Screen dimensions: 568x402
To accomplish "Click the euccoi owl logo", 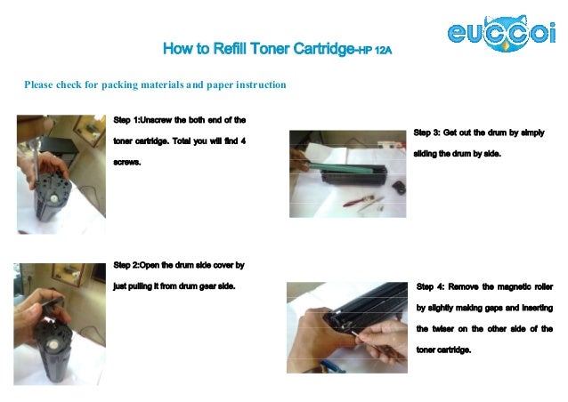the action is [502, 33].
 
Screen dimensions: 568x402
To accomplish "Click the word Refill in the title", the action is [229, 49].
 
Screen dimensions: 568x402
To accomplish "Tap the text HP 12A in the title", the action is [375, 51].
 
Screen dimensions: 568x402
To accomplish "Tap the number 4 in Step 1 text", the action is [243, 141].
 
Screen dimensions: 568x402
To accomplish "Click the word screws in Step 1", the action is [126, 162].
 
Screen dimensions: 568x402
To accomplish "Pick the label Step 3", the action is [426, 133].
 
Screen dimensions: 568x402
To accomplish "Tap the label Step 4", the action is [430, 287].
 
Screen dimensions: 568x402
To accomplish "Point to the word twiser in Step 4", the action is [442, 329].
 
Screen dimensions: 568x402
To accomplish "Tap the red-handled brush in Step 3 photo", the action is [358, 201].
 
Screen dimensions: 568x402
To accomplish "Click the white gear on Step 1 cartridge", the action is [54, 198].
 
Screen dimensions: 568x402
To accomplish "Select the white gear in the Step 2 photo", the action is [53, 344].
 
